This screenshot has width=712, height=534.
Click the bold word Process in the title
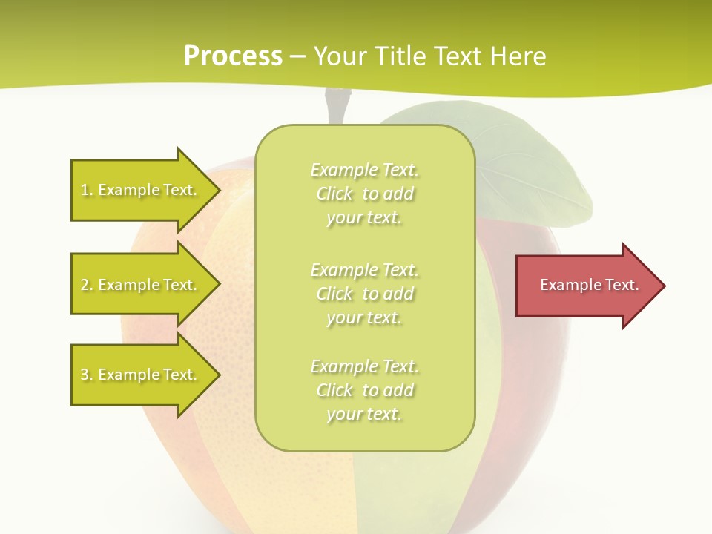233,56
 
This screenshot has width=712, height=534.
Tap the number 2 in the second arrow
85,285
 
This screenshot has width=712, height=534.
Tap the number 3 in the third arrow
85,375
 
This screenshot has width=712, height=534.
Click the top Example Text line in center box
365,170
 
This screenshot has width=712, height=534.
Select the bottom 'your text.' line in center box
364,414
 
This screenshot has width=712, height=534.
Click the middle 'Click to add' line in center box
365,294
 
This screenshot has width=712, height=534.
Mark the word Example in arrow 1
129,190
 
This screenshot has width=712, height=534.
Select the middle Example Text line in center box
365,269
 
